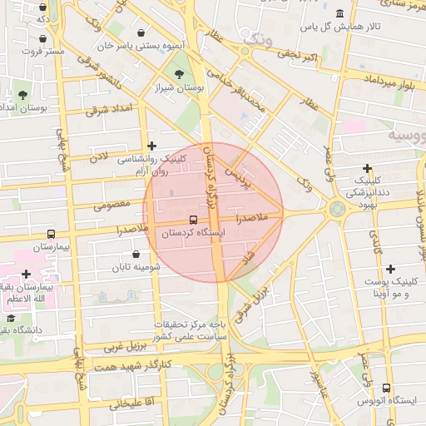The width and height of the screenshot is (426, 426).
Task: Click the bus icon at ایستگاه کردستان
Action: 193,220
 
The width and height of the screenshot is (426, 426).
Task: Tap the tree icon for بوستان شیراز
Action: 180,76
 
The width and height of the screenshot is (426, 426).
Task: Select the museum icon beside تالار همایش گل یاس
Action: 340,14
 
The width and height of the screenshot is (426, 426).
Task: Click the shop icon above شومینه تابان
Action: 136,254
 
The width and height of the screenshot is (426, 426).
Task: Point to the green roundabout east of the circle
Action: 337,209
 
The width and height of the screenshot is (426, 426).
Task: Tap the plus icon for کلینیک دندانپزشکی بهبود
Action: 367,169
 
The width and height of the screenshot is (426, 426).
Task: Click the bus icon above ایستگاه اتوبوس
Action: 385,388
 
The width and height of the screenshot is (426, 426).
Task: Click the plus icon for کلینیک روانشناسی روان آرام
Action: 151,146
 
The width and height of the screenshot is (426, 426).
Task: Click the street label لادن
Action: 99,156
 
